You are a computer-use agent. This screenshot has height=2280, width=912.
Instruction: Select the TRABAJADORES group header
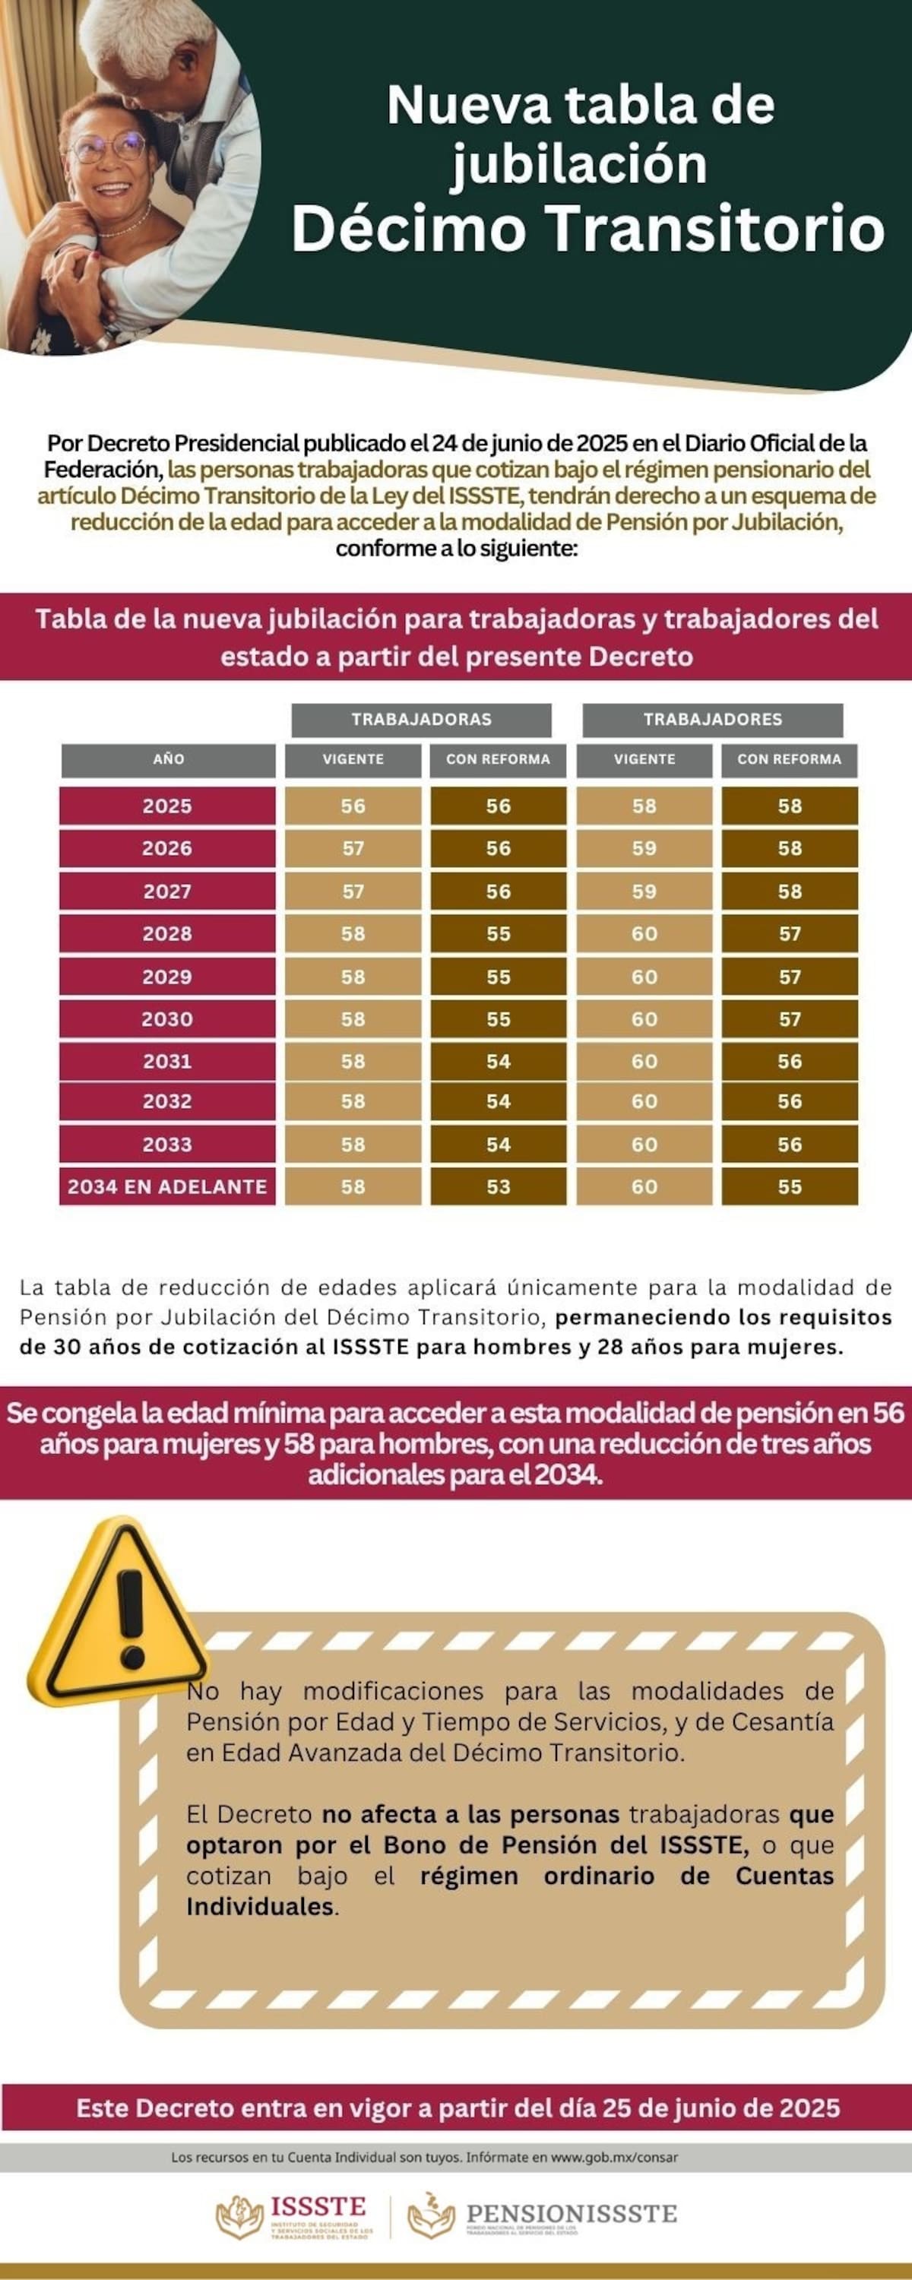[712, 719]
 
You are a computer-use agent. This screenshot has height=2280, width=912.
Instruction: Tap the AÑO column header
[167, 759]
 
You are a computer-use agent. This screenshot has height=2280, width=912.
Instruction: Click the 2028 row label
[167, 934]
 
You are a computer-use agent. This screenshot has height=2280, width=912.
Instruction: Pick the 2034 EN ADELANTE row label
[167, 1187]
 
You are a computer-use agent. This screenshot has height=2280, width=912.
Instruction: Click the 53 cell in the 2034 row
[498, 1187]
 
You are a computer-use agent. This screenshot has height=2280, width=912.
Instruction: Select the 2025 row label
[167, 806]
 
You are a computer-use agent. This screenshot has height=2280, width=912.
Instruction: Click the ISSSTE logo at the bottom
[295, 2216]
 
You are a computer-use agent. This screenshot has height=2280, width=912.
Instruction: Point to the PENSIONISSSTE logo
[542, 2215]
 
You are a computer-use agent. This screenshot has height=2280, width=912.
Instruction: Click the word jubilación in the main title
[579, 165]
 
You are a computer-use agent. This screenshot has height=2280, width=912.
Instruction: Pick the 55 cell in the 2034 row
[789, 1187]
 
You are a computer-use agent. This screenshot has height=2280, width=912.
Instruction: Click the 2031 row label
[167, 1061]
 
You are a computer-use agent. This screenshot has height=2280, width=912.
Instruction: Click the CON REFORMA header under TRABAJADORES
[789, 759]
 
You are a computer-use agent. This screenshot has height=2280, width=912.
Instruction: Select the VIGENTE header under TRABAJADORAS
[353, 759]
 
